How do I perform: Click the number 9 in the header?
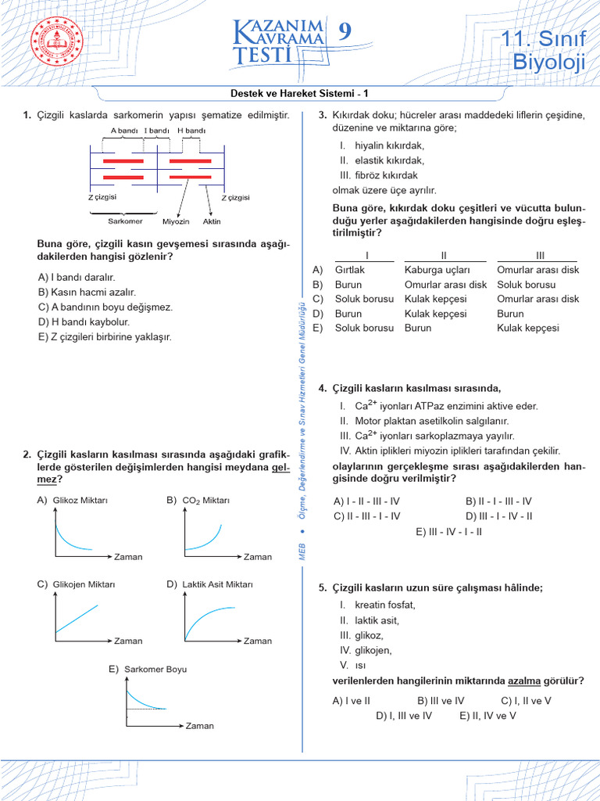345,32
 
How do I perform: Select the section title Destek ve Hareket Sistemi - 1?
299,93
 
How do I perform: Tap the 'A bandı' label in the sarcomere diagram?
124,131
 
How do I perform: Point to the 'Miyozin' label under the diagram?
176,221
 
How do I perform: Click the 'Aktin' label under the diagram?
212,221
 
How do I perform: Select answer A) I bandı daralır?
77,277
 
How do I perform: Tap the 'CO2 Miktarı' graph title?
205,500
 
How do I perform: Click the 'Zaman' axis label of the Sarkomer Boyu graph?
199,726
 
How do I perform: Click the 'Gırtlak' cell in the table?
349,270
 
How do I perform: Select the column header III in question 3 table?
539,255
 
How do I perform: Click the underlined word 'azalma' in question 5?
524,681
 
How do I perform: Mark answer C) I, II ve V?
526,701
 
